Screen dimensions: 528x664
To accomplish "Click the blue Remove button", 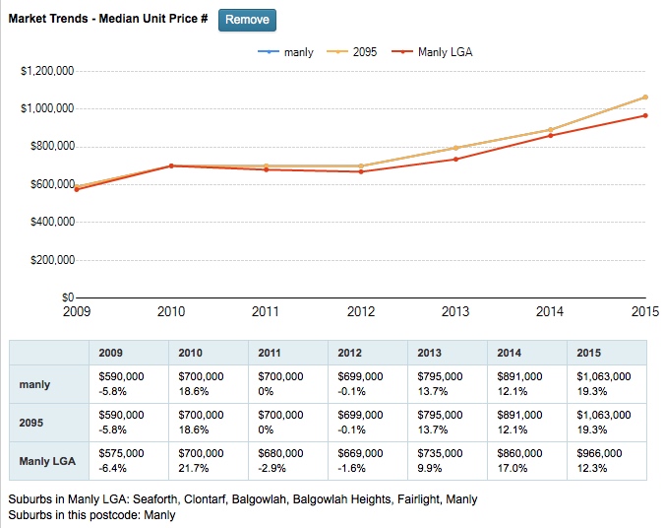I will tap(247, 20).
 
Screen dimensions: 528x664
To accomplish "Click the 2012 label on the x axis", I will tap(360, 312).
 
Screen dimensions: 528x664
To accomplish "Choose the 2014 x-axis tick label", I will tap(550, 312).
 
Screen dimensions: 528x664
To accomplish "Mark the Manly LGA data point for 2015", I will tap(645, 115).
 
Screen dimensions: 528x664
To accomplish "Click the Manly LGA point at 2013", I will tap(455, 159).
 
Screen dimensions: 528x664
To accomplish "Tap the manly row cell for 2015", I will tap(606, 383).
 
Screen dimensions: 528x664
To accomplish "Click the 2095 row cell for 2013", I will tap(448, 422).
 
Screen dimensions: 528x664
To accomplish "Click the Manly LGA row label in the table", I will tap(48, 460).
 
